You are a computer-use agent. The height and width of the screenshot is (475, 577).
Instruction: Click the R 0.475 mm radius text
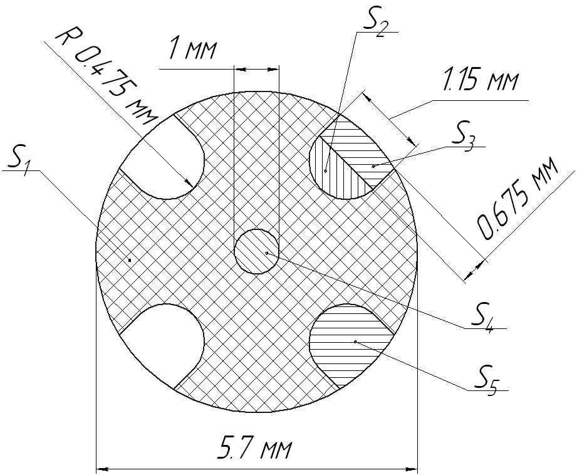pos(107,77)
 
